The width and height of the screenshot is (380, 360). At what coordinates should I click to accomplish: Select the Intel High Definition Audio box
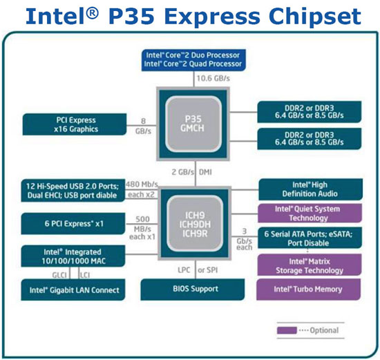click(309, 189)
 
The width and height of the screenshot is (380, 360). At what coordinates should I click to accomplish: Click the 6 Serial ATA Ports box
click(309, 238)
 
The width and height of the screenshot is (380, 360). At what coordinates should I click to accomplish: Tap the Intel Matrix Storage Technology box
click(309, 265)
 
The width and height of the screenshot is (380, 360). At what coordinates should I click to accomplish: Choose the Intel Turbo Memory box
click(309, 290)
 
